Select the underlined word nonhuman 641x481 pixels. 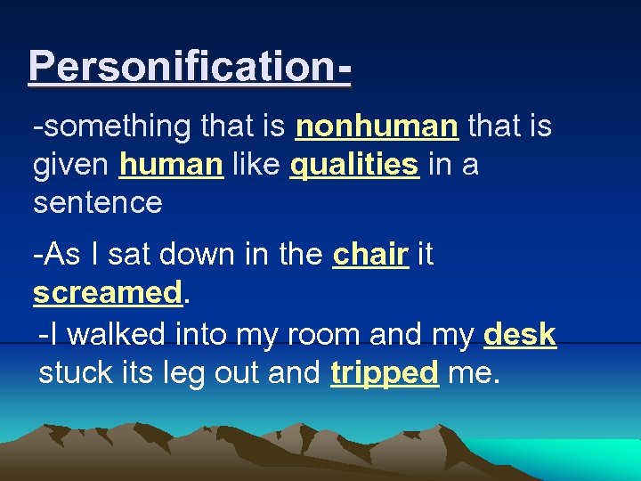[377, 126]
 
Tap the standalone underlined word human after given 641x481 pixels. [171, 165]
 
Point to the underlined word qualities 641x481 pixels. [354, 166]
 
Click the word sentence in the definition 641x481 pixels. [97, 203]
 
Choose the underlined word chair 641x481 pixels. [370, 255]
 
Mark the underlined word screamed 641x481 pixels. [107, 293]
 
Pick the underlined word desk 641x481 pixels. [520, 335]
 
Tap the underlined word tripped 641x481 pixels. [385, 372]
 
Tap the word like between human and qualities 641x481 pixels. [256, 165]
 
